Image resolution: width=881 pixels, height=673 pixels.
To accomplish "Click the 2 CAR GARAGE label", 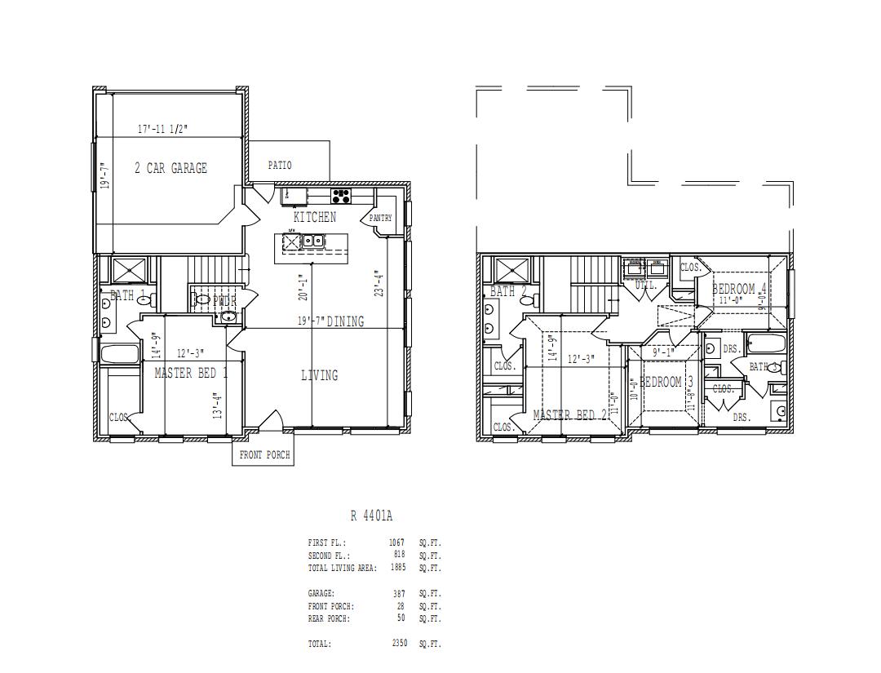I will click(x=170, y=168).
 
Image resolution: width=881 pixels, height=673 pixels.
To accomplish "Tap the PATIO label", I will click(x=280, y=166).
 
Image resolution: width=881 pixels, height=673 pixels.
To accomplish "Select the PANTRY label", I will click(x=380, y=219).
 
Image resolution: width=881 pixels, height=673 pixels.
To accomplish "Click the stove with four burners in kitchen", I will click(x=341, y=196).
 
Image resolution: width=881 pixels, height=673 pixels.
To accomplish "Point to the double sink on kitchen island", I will click(x=312, y=241).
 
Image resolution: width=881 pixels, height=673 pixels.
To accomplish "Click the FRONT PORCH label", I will click(x=264, y=455).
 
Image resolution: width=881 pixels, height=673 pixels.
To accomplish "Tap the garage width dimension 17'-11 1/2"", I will click(x=163, y=129).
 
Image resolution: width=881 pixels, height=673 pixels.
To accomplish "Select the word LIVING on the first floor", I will click(x=319, y=375).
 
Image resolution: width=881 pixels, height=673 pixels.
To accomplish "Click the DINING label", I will click(x=345, y=321).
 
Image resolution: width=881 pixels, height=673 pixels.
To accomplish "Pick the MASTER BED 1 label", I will click(x=191, y=373).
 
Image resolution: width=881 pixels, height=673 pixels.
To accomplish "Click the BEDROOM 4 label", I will click(x=739, y=289).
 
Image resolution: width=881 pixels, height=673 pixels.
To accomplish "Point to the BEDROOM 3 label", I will click(x=666, y=382).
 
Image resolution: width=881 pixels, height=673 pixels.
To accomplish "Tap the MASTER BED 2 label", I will click(x=569, y=415).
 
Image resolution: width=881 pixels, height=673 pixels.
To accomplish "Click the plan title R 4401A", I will click(x=371, y=516).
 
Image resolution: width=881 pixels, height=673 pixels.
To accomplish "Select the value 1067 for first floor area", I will click(x=396, y=542).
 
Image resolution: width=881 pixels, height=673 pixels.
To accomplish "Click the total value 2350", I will click(x=399, y=644).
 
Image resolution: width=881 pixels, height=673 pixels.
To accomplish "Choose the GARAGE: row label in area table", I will click(x=321, y=594).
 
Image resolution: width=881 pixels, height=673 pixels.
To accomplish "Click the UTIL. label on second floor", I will click(x=645, y=286).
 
